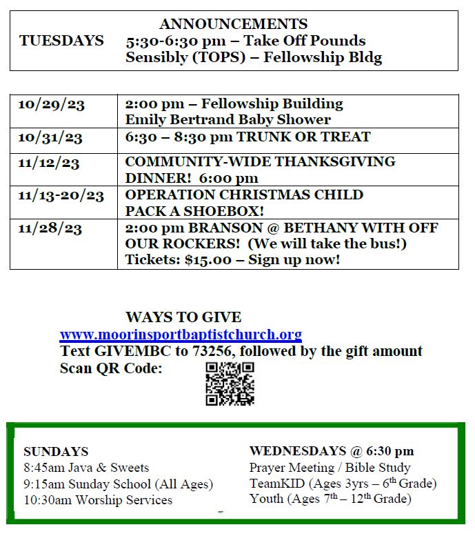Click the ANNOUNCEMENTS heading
tap(233, 25)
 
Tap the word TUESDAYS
tap(61, 41)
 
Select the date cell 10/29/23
tap(51, 104)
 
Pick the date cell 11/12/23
tap(49, 163)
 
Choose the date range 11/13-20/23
tap(61, 195)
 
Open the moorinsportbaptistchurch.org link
tap(181, 335)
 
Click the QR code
tap(230, 384)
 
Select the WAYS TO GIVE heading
tap(183, 317)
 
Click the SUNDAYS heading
tap(56, 452)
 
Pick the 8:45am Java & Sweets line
tap(86, 468)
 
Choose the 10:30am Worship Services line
tap(98, 500)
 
